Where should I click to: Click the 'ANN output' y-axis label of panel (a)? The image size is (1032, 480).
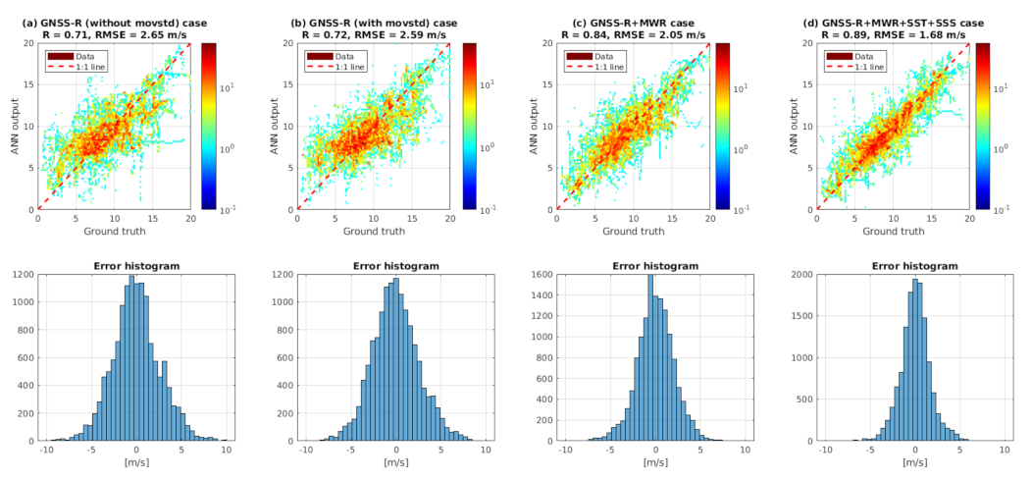pyautogui.click(x=12, y=126)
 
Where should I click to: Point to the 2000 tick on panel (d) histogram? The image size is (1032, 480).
pyautogui.click(x=800, y=276)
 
